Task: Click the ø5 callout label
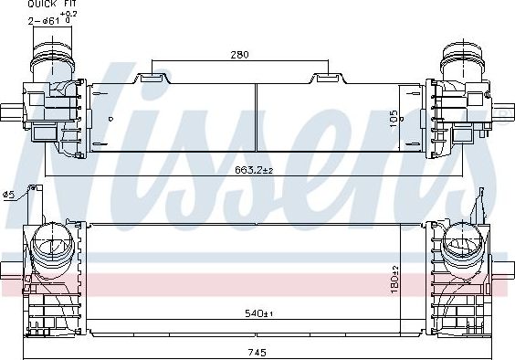[8, 194]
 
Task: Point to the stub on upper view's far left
[6, 114]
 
